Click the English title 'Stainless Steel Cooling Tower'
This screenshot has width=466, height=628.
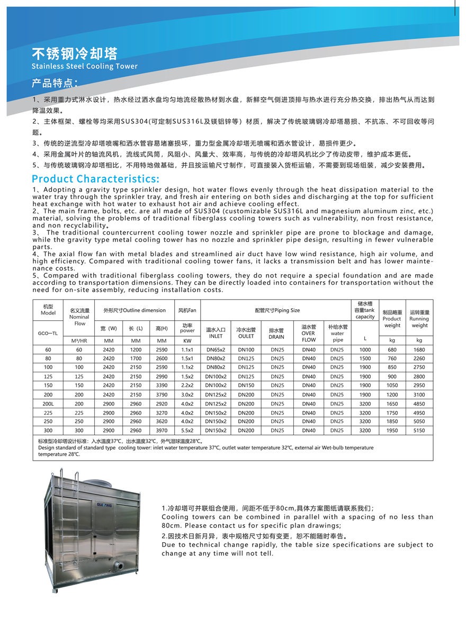(x=84, y=67)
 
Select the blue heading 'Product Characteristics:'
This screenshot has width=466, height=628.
(x=95, y=178)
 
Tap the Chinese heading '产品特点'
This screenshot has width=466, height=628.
(x=55, y=83)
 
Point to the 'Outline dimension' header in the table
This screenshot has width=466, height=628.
(x=135, y=310)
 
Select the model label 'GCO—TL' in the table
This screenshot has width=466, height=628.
(x=48, y=334)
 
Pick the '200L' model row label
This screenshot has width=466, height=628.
(x=48, y=404)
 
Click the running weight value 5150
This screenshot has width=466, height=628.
(x=419, y=430)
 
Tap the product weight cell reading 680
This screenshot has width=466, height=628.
(x=392, y=349)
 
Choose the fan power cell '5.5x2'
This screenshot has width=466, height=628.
(x=187, y=430)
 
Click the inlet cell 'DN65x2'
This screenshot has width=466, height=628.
(x=216, y=349)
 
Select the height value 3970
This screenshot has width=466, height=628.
(x=162, y=430)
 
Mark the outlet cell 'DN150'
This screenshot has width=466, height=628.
(x=246, y=385)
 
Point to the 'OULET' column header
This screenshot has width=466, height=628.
(x=246, y=336)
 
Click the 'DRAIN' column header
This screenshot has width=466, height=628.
(x=276, y=337)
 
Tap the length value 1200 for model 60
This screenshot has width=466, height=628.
(x=136, y=349)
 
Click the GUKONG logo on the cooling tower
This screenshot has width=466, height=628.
(x=105, y=505)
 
